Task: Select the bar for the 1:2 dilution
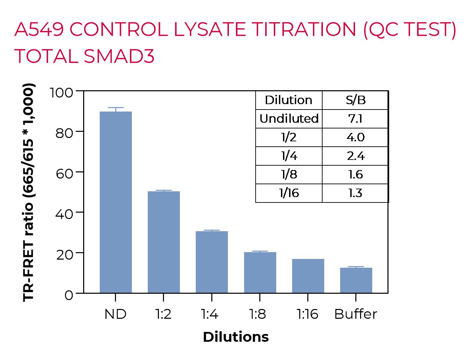(x=164, y=242)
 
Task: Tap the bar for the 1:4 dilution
(x=212, y=262)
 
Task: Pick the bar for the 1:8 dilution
(x=260, y=272)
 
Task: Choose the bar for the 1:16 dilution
(x=308, y=276)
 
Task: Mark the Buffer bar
(x=356, y=280)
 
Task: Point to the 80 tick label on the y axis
(x=64, y=133)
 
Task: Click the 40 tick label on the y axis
(x=64, y=214)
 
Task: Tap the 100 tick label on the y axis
(x=62, y=92)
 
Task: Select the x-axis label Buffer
(x=355, y=314)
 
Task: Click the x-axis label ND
(x=115, y=314)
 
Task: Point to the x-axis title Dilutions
(x=236, y=337)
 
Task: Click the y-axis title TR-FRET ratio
(x=29, y=192)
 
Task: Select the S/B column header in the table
(x=355, y=100)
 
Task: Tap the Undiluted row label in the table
(x=289, y=119)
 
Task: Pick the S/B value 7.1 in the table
(x=355, y=119)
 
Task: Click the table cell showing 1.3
(x=355, y=193)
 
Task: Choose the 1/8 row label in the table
(x=289, y=174)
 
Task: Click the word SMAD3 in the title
(x=119, y=56)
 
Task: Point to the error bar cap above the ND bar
(x=116, y=107)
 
